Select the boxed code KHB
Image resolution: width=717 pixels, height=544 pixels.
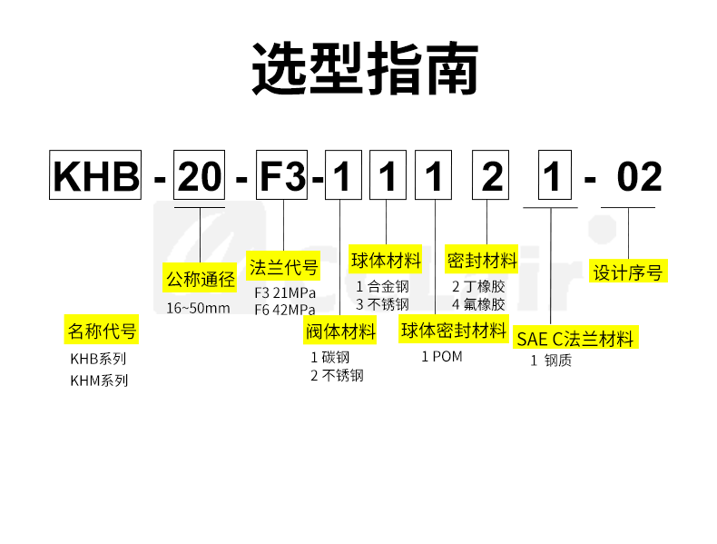coord(95,177)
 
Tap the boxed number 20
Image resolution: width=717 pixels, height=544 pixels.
coord(199,177)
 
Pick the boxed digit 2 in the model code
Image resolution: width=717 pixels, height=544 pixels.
coord(492,177)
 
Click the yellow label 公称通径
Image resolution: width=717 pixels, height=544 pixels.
coord(200,279)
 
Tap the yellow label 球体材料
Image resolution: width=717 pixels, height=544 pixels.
coord(387,262)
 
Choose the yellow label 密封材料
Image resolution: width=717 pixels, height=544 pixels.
coord(482,262)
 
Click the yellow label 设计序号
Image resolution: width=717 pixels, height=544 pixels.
coord(628,272)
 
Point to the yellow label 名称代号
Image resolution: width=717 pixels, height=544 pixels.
coord(102,331)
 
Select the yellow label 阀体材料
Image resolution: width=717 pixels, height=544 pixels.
coord(340,331)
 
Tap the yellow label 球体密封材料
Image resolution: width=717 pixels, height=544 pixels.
coord(454,331)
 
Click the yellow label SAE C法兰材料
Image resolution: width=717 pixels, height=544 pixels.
coord(575,340)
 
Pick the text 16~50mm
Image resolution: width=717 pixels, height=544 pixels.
coord(198,308)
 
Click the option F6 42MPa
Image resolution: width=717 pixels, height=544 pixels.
coord(284,310)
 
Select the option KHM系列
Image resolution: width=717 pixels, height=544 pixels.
coord(100,381)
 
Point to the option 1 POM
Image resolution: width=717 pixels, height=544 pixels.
coord(442,356)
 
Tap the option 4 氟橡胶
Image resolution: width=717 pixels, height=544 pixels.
coord(478,304)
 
